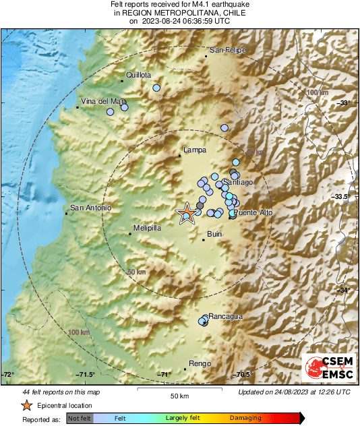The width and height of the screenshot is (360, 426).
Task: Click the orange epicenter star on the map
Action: [x=187, y=214]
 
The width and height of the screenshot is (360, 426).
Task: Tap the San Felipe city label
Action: [x=228, y=51]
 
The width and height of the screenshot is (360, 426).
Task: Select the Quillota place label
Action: [x=138, y=75]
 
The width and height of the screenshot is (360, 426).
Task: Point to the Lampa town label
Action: [x=195, y=150]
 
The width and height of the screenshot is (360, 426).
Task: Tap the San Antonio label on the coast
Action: [x=90, y=208]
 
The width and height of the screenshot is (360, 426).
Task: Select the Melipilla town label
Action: [x=147, y=229]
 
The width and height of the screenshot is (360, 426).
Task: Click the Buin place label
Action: [x=215, y=234]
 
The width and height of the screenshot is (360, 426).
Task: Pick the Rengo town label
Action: [x=200, y=364]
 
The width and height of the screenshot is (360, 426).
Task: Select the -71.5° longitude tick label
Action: [x=85, y=375]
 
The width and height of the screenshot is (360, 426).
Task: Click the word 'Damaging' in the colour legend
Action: [x=245, y=418]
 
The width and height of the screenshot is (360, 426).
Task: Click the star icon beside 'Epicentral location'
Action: [x=26, y=406]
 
